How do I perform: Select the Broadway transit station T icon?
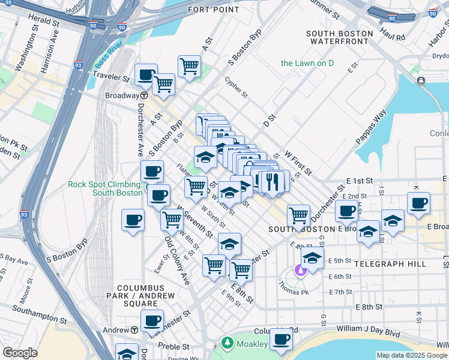pyautogui.click(x=144, y=95)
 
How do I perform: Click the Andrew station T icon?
pyautogui.click(x=134, y=330)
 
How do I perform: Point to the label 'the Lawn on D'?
pyautogui.click(x=307, y=63)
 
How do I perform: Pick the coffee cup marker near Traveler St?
pyautogui.click(x=146, y=75)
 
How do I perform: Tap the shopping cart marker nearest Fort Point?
pyautogui.click(x=189, y=66)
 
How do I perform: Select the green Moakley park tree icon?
pyautogui.click(x=227, y=343)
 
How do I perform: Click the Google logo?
pyautogui.click(x=20, y=353)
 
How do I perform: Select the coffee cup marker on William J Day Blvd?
pyautogui.click(x=280, y=340)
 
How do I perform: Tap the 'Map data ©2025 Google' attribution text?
pyautogui.click(x=411, y=355)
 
